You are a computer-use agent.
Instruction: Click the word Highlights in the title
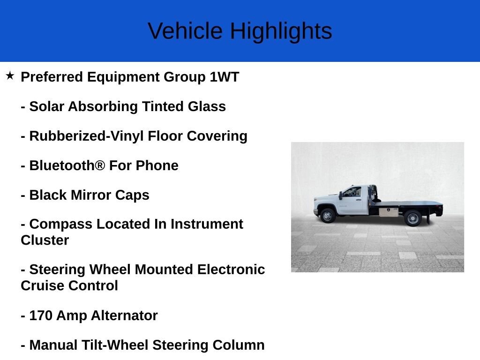[x=281, y=32]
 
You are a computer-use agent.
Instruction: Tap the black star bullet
[x=10, y=75]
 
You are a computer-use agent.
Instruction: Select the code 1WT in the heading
[x=224, y=77]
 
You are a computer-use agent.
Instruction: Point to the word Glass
[x=207, y=106]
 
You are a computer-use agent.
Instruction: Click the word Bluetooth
[x=67, y=165]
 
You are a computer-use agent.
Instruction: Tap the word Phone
[x=157, y=165]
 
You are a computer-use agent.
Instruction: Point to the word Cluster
[x=45, y=240]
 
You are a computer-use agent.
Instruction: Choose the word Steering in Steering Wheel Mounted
[x=57, y=270]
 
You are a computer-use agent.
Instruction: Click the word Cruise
[x=42, y=285]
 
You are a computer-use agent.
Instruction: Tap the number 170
[x=41, y=315]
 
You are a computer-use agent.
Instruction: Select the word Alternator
[x=124, y=315]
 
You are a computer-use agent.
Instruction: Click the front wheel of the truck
[x=328, y=216]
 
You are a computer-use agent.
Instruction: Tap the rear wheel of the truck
[x=412, y=218]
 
